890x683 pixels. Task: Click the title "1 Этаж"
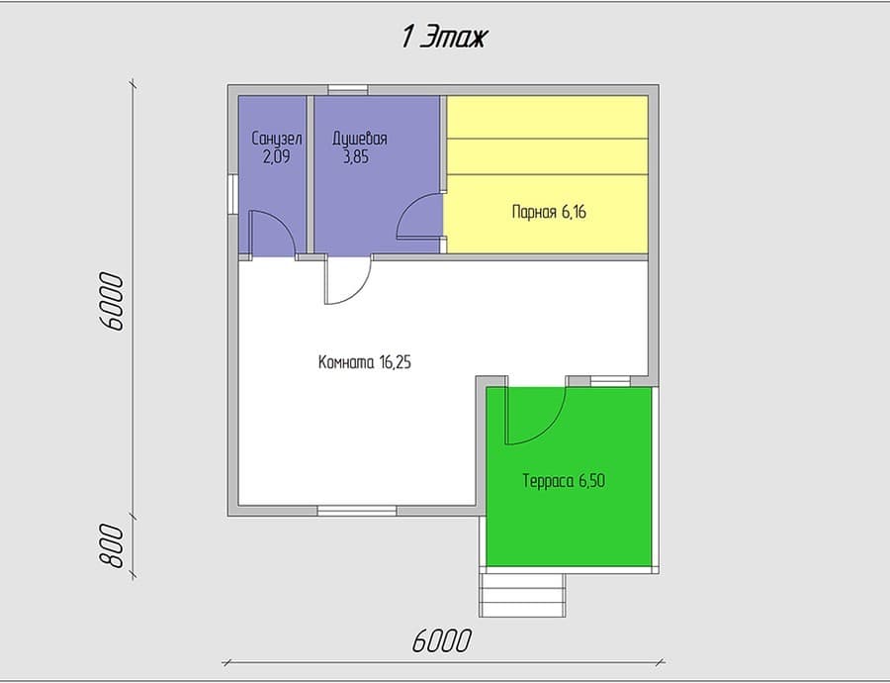coord(444,38)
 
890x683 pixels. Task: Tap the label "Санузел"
coord(277,139)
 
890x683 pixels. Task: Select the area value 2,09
coord(277,156)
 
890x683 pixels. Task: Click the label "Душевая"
coord(360,139)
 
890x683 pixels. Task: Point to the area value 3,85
coord(356,156)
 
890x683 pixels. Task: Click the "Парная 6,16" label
coord(549,213)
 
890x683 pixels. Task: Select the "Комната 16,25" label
coord(364,362)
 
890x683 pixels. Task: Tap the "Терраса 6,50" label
coord(564,481)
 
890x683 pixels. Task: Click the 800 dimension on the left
coord(112,545)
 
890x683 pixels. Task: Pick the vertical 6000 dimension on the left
coord(111,301)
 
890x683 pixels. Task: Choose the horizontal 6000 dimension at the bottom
coord(442,641)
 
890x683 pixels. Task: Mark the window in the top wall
coord(348,89)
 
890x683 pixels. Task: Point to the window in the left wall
coord(232,194)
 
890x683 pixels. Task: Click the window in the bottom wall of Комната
coord(357,511)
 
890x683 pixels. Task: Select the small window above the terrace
coord(610,381)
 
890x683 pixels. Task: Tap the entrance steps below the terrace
coord(523,595)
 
